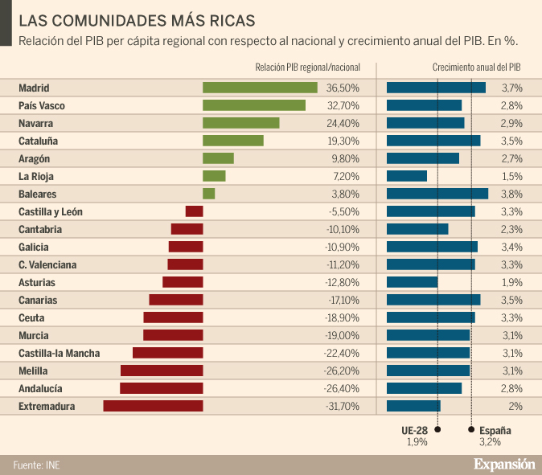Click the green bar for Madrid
click(x=260, y=88)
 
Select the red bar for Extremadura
click(x=153, y=406)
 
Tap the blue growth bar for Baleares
click(x=437, y=194)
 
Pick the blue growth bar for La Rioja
click(x=406, y=176)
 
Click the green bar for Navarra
click(x=240, y=123)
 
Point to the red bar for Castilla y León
click(x=194, y=211)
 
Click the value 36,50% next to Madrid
click(x=343, y=88)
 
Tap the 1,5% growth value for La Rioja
click(x=512, y=176)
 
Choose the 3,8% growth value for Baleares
click(x=512, y=194)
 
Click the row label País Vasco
click(x=42, y=105)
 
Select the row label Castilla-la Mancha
click(x=59, y=353)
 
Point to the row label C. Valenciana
click(x=48, y=264)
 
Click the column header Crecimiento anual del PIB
click(x=476, y=68)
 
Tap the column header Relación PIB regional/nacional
click(x=307, y=68)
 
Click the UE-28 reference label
click(x=415, y=431)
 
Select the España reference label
click(x=495, y=431)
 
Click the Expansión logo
click(x=503, y=464)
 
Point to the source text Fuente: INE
click(x=36, y=465)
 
